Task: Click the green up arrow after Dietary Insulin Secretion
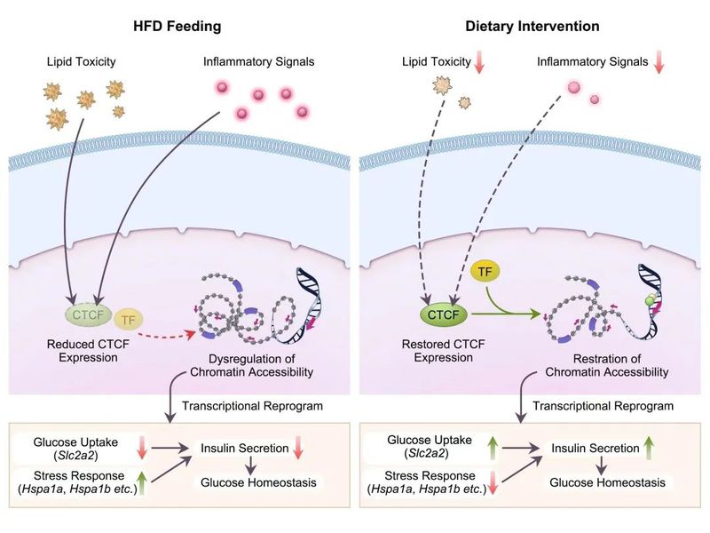[x=649, y=449]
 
